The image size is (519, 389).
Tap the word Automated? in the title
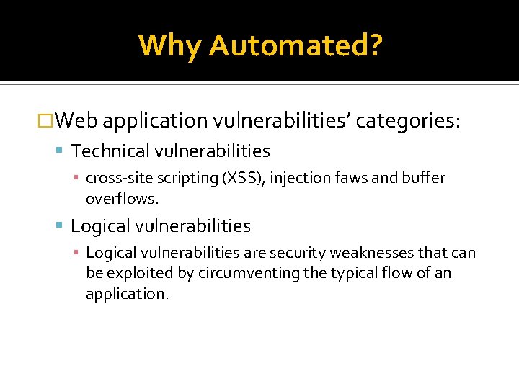tap(296, 45)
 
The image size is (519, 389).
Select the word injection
tap(299, 178)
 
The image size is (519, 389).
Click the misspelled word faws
tap(350, 178)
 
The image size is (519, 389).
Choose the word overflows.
tap(120, 198)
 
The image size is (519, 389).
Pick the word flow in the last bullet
tap(395, 273)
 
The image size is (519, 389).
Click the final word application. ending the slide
tap(127, 294)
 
